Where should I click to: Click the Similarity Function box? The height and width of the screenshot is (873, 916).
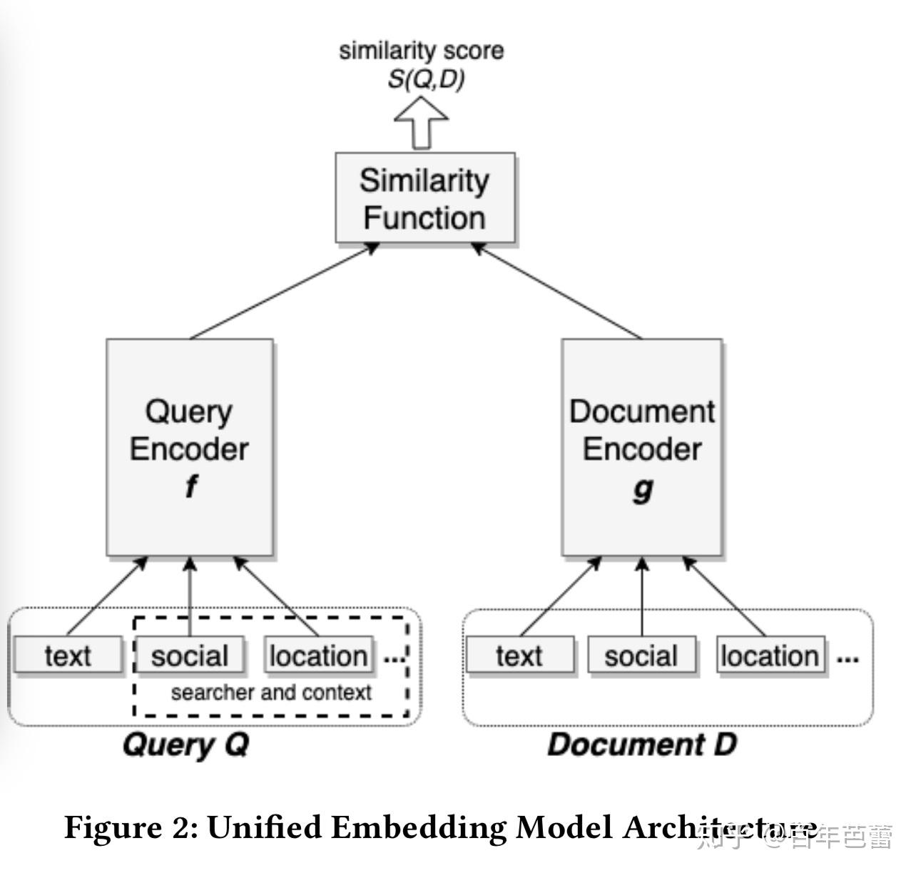[425, 198]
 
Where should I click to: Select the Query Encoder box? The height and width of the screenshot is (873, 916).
[190, 447]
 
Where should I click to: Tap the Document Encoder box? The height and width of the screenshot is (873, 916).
[642, 447]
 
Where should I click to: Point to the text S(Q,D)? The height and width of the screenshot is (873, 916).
[425, 79]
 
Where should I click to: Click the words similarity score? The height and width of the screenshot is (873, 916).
[421, 51]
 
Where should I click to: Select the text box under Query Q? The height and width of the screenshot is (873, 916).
[68, 655]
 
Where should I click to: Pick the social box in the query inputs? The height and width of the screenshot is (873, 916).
[190, 655]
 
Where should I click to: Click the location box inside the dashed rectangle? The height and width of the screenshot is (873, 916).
[318, 655]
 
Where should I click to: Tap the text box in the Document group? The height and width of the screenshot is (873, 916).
[519, 655]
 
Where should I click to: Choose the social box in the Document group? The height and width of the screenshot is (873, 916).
[641, 655]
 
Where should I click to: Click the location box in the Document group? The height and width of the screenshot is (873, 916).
[770, 655]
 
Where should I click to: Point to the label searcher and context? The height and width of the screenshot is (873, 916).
[271, 693]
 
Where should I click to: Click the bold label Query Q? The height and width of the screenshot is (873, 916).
[185, 745]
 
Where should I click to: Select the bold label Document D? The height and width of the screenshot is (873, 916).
[641, 745]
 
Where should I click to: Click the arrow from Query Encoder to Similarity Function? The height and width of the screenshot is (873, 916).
[285, 290]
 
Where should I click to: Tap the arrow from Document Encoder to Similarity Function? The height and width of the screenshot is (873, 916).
[556, 290]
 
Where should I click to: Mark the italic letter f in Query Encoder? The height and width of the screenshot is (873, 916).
[190, 487]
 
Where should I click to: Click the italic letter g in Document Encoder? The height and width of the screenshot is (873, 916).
[643, 490]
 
